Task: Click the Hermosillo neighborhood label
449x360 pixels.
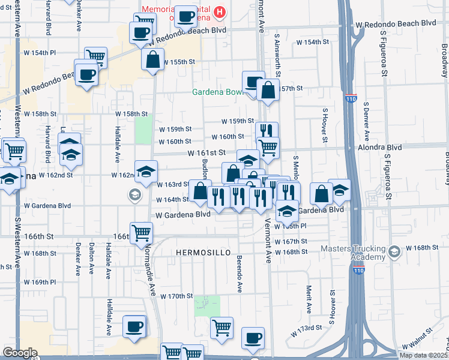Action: click(x=203, y=253)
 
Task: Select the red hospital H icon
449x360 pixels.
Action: click(x=220, y=11)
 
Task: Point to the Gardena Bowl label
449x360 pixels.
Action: click(x=216, y=92)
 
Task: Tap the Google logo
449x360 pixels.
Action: click(x=20, y=353)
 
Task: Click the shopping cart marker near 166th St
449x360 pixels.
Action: click(x=142, y=232)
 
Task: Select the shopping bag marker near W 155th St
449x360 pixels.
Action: click(x=152, y=59)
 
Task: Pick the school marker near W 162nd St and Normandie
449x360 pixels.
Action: click(x=145, y=172)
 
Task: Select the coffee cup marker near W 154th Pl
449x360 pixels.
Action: click(x=86, y=74)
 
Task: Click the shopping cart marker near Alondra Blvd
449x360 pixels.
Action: click(x=268, y=146)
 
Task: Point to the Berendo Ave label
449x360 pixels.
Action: click(x=239, y=274)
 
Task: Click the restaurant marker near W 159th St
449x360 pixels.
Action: click(x=267, y=131)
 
